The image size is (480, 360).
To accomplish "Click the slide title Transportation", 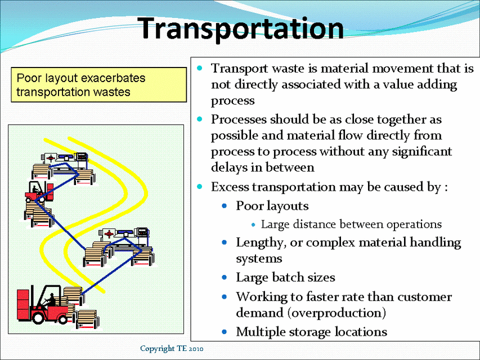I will (241, 28).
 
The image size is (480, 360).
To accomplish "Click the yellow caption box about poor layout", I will (98, 85).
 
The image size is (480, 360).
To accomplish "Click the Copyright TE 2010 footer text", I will (172, 349).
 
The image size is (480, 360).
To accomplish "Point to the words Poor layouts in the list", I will (272, 206).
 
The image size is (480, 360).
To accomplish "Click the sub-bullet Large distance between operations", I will (351, 224).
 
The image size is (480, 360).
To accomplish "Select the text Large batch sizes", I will (285, 277).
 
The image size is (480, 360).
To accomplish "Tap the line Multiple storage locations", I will (311, 332).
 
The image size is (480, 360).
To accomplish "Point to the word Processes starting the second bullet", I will (239, 120).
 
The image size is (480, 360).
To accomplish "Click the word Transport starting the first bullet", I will (237, 69).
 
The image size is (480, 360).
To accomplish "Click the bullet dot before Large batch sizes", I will (225, 277).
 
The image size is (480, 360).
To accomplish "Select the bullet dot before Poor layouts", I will (225, 206).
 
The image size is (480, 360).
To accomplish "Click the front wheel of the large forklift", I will (40, 318).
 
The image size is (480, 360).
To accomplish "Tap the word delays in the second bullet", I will (227, 168).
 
